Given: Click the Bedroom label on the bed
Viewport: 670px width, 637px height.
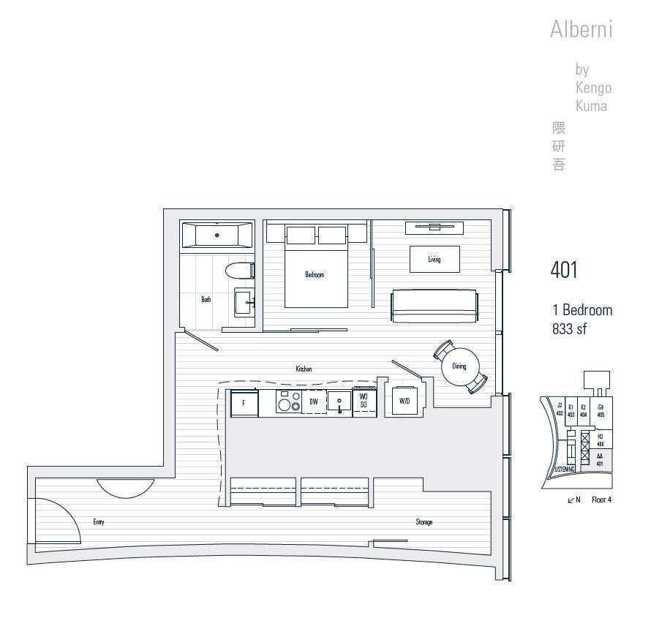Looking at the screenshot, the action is [x=315, y=275].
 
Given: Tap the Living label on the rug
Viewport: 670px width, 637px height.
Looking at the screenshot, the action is [x=434, y=260].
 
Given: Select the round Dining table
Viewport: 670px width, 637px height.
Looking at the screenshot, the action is [x=459, y=366].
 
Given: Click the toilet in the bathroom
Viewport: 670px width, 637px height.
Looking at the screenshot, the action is [x=238, y=271].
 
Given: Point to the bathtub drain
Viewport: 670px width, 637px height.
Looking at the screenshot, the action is [x=217, y=235].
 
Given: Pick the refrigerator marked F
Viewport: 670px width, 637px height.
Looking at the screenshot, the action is [x=244, y=403].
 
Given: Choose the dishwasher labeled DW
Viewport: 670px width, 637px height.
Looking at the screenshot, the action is [x=314, y=402].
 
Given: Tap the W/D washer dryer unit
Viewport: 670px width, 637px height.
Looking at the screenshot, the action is [x=404, y=401].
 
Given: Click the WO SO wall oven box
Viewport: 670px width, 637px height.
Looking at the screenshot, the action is [x=364, y=402].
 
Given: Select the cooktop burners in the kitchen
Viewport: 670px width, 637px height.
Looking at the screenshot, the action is [x=289, y=402].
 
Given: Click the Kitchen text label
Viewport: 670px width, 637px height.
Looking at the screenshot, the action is [x=304, y=369].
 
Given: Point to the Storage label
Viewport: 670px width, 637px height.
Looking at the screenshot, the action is [x=424, y=522].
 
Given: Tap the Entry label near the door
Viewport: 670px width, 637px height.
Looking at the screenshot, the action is [x=99, y=522].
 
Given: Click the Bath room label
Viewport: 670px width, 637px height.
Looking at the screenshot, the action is [x=206, y=299].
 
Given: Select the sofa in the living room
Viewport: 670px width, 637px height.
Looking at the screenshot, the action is [x=434, y=306].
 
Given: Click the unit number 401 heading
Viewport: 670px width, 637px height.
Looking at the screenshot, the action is [x=564, y=270].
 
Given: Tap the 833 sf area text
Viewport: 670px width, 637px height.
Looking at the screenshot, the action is [x=570, y=329].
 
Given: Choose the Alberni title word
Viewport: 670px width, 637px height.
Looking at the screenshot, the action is [x=581, y=30].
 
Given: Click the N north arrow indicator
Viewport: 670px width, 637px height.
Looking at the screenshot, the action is [x=574, y=500].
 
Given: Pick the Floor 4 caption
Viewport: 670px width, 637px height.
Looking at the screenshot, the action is [x=601, y=500].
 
